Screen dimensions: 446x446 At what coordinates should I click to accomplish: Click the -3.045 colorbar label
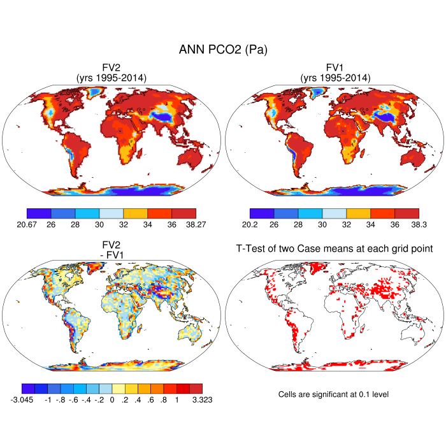pyautogui.click(x=23, y=399)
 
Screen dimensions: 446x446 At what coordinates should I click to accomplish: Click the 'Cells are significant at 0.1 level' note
pyautogui.click(x=333, y=394)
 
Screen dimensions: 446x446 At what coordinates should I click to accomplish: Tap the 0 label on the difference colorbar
pyautogui.click(x=111, y=399)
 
